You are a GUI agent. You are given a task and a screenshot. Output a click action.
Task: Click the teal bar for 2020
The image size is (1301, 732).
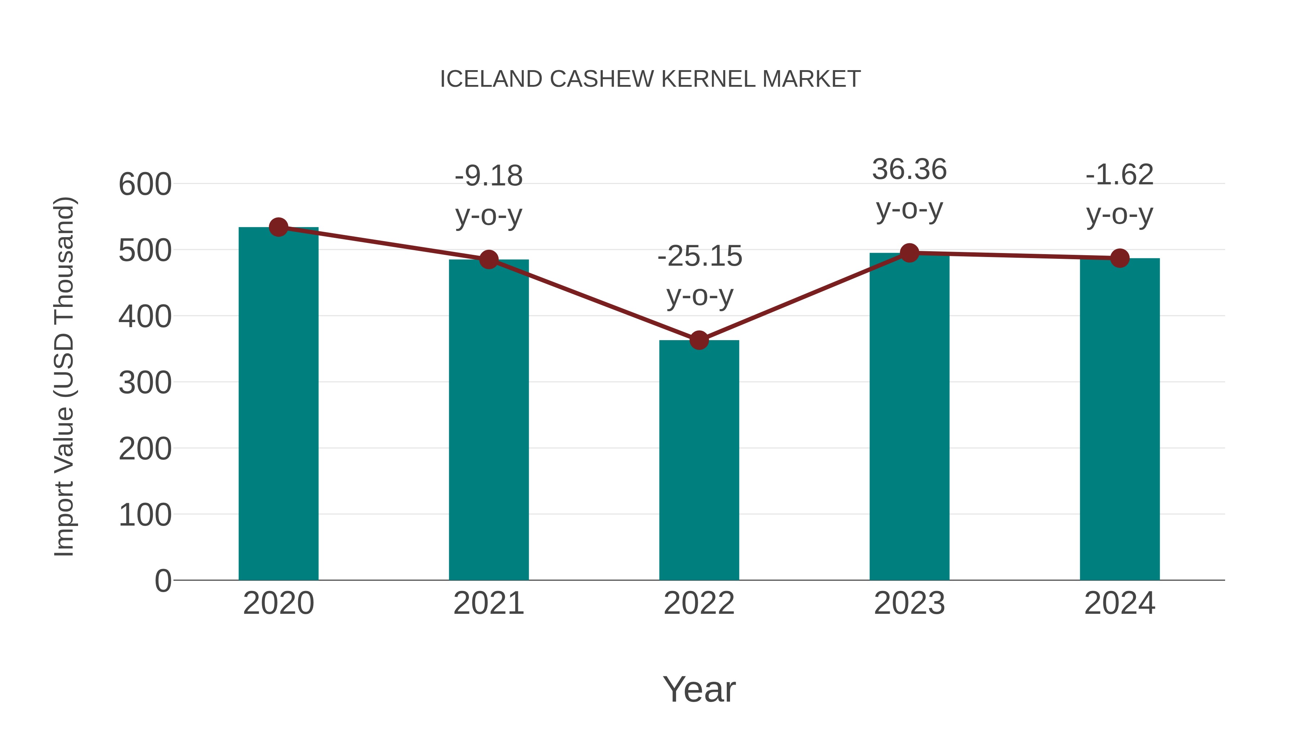278,404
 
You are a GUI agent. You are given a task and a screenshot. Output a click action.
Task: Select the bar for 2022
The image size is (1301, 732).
699,460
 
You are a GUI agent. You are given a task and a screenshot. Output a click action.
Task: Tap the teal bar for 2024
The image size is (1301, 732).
1120,419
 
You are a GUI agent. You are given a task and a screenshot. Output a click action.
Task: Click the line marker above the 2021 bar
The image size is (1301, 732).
488,260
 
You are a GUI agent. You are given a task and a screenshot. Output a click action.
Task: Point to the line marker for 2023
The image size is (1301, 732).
909,253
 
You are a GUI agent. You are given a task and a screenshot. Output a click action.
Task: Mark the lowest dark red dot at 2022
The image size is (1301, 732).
699,341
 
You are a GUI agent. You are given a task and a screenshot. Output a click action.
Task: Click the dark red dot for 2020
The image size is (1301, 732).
278,227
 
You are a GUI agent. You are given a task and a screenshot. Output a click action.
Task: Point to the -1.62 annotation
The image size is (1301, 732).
1120,175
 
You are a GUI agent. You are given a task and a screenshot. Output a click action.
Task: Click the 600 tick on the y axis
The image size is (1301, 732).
145,184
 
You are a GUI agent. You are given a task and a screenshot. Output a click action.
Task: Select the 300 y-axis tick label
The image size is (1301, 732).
145,383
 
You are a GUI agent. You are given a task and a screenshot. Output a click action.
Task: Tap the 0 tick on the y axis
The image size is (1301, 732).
163,581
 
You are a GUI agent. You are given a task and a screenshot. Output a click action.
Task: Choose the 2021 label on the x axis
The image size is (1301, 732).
488,603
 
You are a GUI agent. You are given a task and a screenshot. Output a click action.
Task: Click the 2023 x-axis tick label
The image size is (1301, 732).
909,603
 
